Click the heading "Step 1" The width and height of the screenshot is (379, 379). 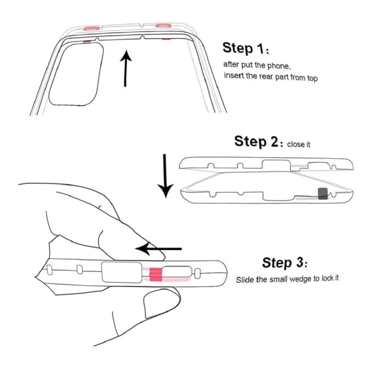[x=244, y=48]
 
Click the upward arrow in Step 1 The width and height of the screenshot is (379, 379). [x=125, y=68]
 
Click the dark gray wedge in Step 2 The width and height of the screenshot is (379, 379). [x=324, y=193]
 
